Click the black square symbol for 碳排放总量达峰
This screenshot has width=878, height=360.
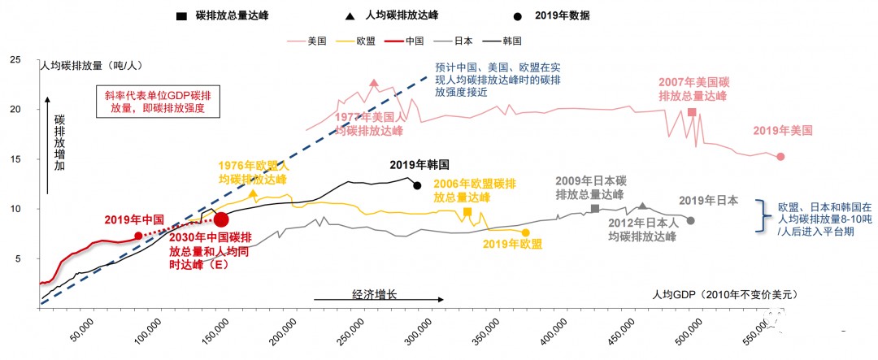(x=179, y=15)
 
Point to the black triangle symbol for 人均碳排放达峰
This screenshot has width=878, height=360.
(x=348, y=15)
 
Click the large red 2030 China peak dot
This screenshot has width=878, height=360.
(x=221, y=219)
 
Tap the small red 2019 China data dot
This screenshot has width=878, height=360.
(x=138, y=236)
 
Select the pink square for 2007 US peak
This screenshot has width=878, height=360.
(x=692, y=112)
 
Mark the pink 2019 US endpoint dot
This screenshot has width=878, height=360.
(x=780, y=156)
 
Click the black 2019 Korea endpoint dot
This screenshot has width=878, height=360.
(x=417, y=185)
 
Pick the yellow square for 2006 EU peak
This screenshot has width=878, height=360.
(x=467, y=212)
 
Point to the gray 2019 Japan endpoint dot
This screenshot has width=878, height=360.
(x=691, y=220)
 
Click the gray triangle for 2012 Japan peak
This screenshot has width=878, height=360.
(x=642, y=206)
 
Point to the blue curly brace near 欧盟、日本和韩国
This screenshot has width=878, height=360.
(x=763, y=217)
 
